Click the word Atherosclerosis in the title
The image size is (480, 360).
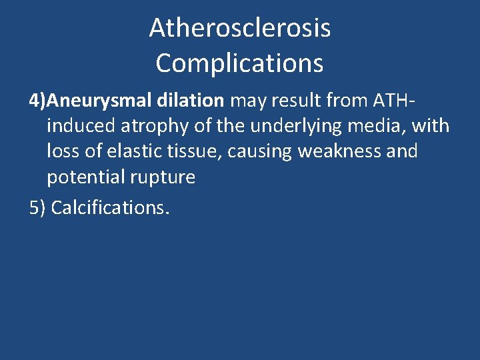(x=239, y=28)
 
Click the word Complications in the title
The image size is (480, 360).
(x=239, y=63)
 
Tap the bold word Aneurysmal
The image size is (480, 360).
(x=101, y=101)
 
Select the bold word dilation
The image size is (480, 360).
(x=192, y=101)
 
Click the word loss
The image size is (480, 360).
(x=62, y=151)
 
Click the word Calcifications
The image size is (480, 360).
(x=110, y=207)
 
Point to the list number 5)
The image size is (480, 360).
(x=37, y=207)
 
